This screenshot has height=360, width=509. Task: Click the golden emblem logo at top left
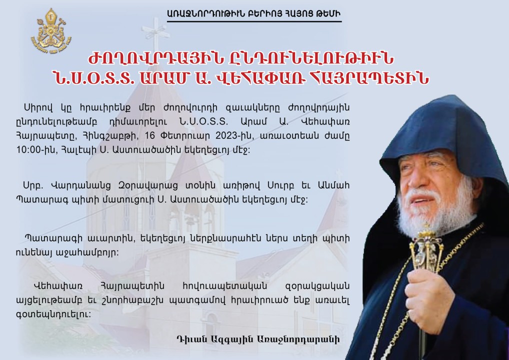coord(51,31)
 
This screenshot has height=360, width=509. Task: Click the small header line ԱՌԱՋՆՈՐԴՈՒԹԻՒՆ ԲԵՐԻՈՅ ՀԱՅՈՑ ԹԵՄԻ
coord(254,13)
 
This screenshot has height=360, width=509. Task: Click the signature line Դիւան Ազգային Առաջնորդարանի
coord(258,339)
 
